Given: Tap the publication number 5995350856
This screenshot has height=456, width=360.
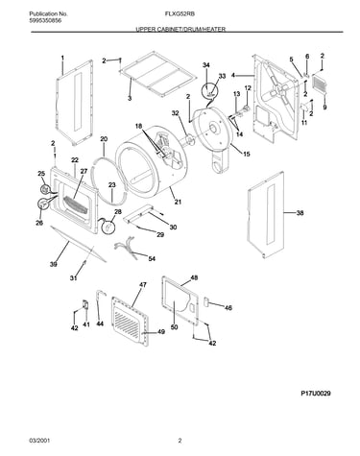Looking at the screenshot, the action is (x=45, y=20).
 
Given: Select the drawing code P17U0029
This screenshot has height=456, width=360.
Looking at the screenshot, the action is (x=316, y=394).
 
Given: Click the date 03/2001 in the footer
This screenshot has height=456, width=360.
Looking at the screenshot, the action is (x=39, y=441).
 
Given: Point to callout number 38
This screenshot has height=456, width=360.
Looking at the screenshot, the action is (x=300, y=213).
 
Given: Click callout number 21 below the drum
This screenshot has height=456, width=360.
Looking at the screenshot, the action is (x=178, y=202).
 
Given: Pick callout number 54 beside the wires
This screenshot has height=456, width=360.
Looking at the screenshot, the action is (x=152, y=258).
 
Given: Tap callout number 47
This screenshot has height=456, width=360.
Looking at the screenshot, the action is (x=143, y=284).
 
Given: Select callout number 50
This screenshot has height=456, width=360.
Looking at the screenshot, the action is (x=174, y=327).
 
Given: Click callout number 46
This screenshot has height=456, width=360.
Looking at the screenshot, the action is (x=228, y=308).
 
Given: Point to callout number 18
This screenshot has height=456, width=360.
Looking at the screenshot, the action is (x=138, y=126).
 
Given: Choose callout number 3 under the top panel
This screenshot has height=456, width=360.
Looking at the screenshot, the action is (x=130, y=99).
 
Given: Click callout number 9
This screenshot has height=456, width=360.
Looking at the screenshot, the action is (x=324, y=108).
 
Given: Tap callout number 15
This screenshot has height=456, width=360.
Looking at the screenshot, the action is (x=247, y=155).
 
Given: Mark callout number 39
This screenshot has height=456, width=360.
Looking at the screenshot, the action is (x=54, y=264).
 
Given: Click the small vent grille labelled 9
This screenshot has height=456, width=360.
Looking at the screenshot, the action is (x=320, y=84).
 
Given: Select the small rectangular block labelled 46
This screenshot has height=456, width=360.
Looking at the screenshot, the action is (x=206, y=301).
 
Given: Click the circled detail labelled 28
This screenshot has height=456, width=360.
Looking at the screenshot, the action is (x=108, y=227).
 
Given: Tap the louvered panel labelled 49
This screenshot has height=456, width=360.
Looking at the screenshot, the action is (x=130, y=323).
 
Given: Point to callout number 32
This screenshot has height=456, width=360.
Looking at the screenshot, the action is (x=175, y=113).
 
